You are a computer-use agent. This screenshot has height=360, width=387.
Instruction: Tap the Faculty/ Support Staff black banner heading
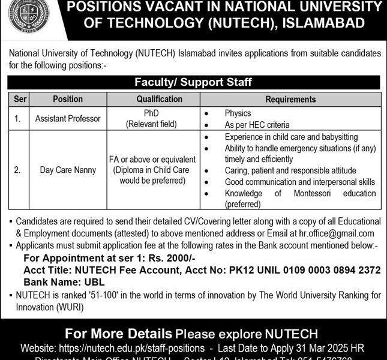(193, 82)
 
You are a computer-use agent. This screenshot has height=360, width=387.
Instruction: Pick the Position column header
(67, 99)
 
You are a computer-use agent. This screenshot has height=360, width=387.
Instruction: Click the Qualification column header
(159, 99)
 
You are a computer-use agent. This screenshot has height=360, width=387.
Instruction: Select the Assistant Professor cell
(67, 119)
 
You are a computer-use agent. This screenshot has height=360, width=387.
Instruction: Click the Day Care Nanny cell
(67, 170)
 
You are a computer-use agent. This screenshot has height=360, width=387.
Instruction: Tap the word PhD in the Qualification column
(159, 113)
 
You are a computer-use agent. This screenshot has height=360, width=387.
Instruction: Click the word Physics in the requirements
(238, 113)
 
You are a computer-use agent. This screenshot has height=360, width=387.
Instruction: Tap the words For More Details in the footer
(118, 333)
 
